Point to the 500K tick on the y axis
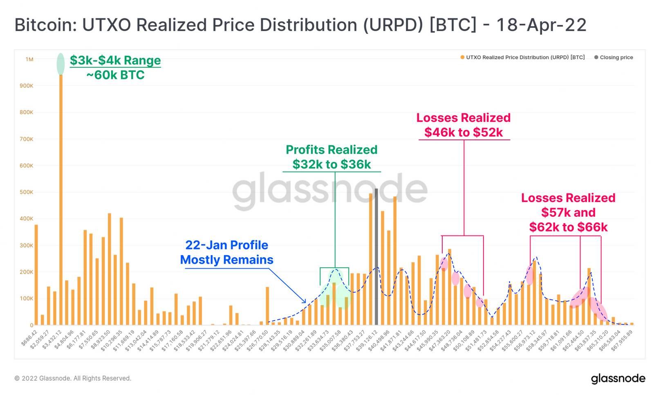pos(27,192)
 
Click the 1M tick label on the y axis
pos(29,59)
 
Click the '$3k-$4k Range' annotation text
pos(115,61)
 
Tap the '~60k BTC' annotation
pos(115,75)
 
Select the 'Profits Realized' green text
pos(331,150)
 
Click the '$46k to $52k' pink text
pos(464,132)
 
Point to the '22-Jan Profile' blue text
pos(227,245)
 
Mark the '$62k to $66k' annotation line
pos(568,227)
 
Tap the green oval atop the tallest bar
pos(60,64)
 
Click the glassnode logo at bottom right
pos(618,379)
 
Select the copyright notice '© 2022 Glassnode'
pos(73,379)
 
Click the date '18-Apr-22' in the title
pos(541,25)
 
